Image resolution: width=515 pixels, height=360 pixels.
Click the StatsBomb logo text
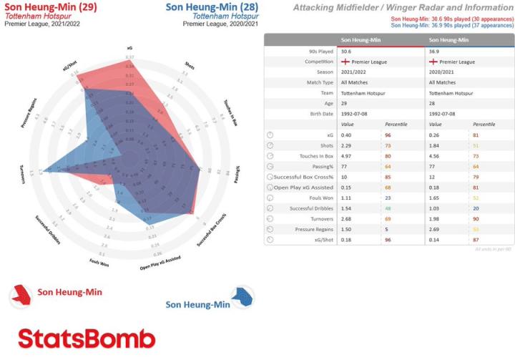tap(86, 338)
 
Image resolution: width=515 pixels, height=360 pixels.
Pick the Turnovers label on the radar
tap(24, 176)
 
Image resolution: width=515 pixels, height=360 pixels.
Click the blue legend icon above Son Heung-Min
tap(243, 294)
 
